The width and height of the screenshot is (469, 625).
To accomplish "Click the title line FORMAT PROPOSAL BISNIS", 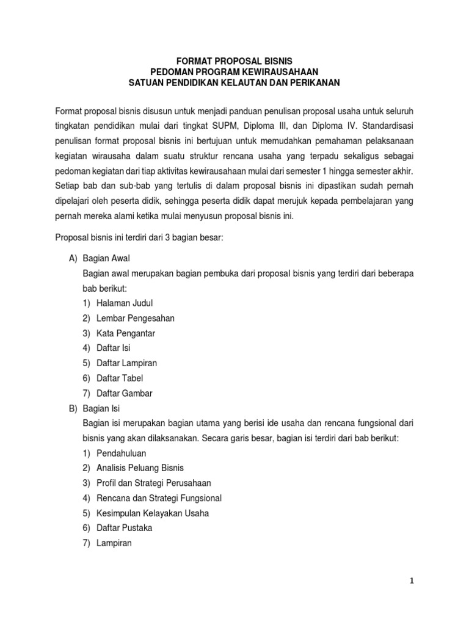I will pos(234,61).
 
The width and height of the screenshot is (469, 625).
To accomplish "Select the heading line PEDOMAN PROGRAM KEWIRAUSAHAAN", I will pos(234,71).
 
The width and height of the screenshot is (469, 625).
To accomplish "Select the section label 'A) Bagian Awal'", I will pos(99,258).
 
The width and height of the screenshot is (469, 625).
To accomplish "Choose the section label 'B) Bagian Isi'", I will pos(96,408).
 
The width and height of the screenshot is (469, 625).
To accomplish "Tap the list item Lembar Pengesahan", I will pos(136,318).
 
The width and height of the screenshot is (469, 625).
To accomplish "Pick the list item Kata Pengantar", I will pos(126,333).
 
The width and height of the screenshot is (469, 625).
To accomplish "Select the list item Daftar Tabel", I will pos(120,378).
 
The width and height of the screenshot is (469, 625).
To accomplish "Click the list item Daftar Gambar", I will pos(124,393).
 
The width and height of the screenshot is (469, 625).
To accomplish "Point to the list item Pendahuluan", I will pos(121,453).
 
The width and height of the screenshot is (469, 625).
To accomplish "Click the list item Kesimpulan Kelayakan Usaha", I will pos(152,513).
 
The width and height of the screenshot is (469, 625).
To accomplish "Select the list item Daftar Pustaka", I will pos(124,528).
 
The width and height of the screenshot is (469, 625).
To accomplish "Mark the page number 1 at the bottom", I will pos(412,580).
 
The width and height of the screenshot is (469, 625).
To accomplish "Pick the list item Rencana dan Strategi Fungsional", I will pos(159,498).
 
